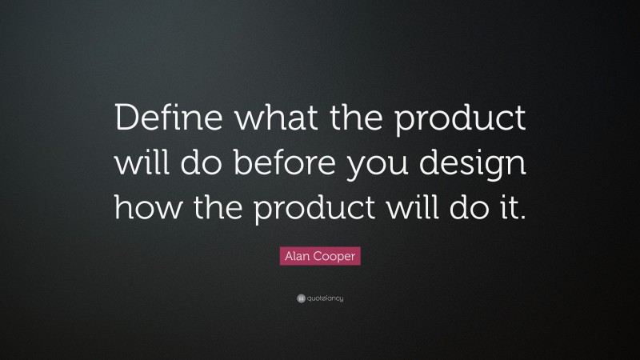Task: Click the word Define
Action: pyautogui.click(x=161, y=123)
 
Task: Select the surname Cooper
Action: pyautogui.click(x=337, y=257)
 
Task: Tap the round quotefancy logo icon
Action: pyautogui.click(x=300, y=298)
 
